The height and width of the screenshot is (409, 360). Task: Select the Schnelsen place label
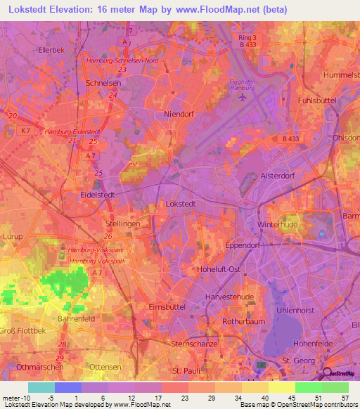coord(100,82)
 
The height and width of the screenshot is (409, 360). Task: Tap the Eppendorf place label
coord(243,245)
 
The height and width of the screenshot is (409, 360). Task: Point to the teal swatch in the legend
coord(41,387)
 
